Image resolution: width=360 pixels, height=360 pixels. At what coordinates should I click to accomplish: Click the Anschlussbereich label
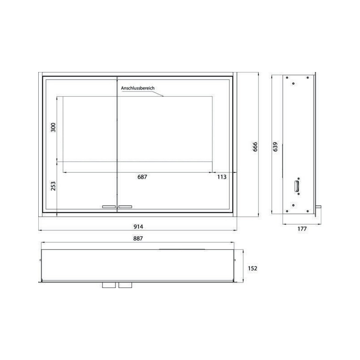tap(138, 88)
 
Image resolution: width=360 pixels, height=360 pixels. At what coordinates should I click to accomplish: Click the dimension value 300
tap(53, 127)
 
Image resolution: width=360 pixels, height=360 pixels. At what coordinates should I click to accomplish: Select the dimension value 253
tap(53, 186)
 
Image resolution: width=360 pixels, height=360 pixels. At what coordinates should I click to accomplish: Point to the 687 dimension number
tap(142, 177)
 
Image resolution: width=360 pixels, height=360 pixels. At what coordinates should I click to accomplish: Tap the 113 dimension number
tap(222, 177)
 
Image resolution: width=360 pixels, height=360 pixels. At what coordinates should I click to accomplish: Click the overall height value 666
tap(255, 147)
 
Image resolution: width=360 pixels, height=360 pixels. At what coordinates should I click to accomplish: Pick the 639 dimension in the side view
tap(275, 147)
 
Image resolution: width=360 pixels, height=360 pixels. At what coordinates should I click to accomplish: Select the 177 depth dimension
tap(302, 229)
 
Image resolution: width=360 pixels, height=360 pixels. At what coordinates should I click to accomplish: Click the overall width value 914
tap(138, 227)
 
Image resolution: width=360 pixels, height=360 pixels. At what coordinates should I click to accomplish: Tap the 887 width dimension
tap(138, 238)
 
